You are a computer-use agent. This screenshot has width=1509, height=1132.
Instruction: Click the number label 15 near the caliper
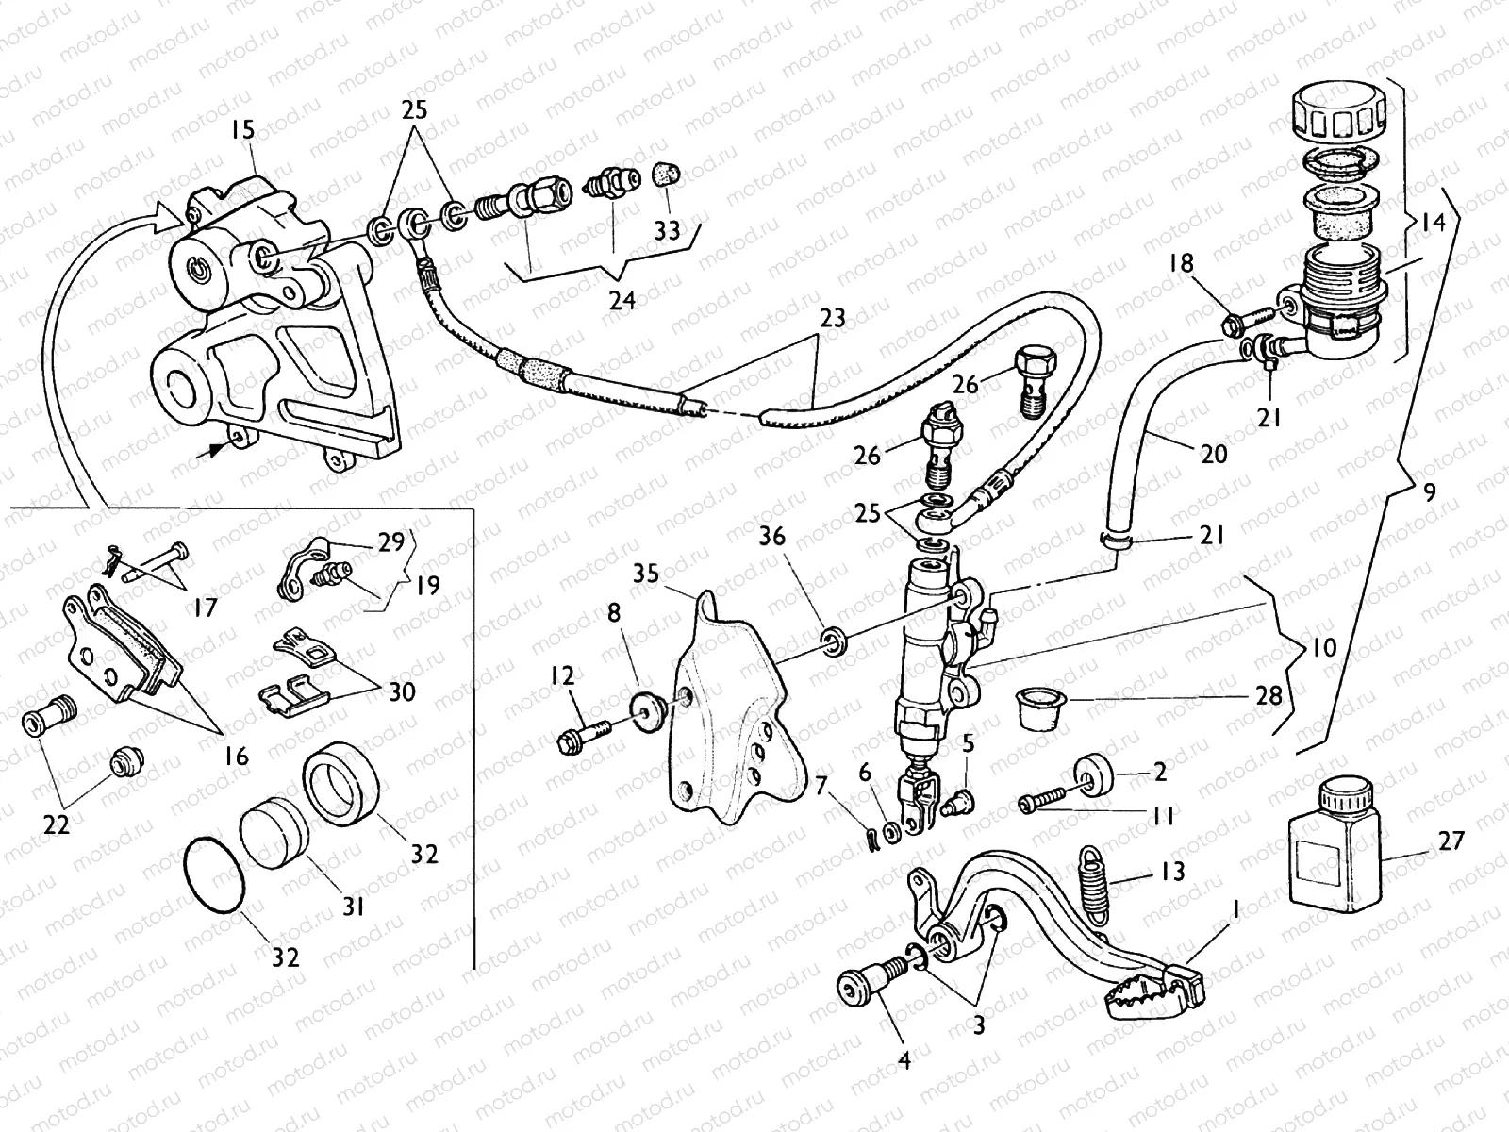pyautogui.click(x=242, y=130)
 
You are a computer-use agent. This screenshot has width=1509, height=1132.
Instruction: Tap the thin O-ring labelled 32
pyautogui.click(x=214, y=874)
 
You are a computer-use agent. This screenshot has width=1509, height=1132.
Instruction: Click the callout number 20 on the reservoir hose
pyautogui.click(x=1215, y=454)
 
